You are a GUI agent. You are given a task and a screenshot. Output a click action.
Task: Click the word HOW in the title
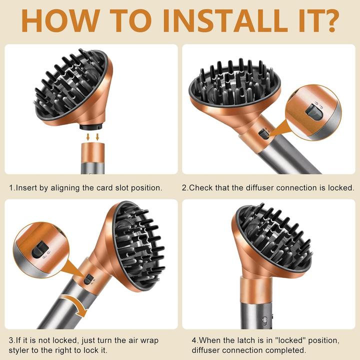61,20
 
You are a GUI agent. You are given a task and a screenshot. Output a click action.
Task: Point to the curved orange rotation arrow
75,304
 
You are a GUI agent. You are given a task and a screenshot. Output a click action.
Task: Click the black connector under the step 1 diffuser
91,126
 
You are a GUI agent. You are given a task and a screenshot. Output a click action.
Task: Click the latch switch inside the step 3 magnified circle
40,249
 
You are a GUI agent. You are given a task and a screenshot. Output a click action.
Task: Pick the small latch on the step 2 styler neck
263,134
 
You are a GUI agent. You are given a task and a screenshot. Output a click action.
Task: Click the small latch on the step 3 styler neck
88,279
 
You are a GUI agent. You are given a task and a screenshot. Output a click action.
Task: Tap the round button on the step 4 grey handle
264,319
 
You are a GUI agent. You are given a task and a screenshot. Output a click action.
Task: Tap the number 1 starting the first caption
11,188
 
